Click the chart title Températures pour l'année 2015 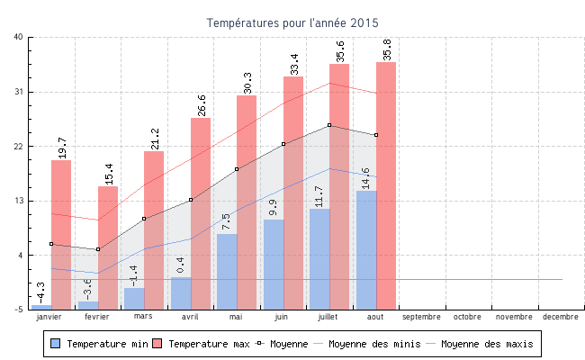coord(292,22)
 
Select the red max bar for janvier coord(61,234)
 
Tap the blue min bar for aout coord(366,249)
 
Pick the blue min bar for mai coord(227,271)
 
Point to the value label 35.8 coord(387,50)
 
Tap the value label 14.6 coord(365,178)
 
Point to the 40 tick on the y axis coord(19,37)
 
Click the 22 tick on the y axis coord(19,146)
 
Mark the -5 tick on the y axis coord(19,310)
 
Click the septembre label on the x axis coord(421,317)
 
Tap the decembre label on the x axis coord(560,317)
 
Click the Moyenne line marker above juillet coord(329,125)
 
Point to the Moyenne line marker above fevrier coord(98,249)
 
